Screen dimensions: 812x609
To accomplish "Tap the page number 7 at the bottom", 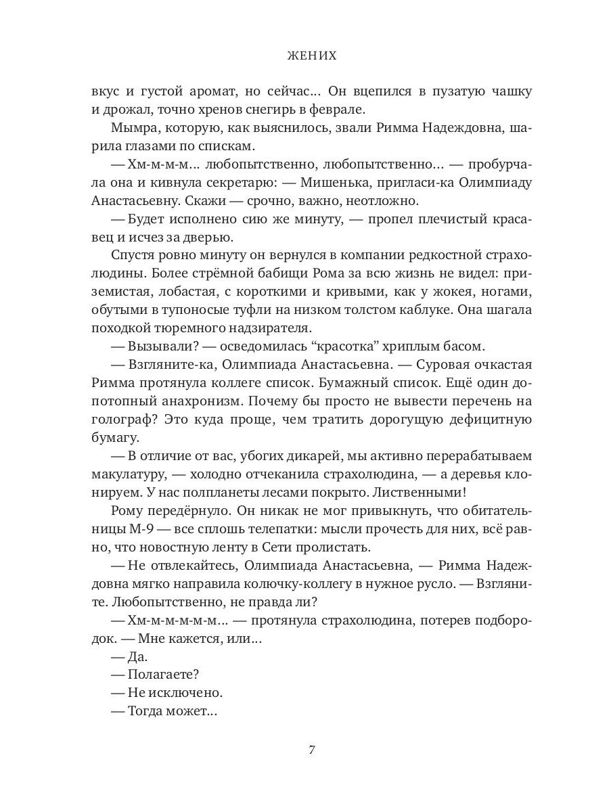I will tap(311, 750).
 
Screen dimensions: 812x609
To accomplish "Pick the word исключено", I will tap(186, 694).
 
